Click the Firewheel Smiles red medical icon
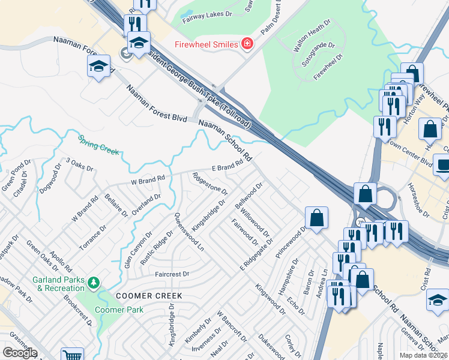(246, 44)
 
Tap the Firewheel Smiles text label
(206, 44)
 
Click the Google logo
(19, 353)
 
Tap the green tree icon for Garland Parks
(93, 281)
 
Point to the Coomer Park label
(118, 310)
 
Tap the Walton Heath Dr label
(311, 37)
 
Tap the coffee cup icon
(443, 164)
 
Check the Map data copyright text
(423, 355)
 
